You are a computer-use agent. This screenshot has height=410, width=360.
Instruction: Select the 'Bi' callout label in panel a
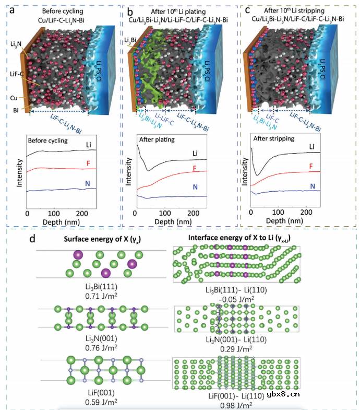pyautogui.click(x=16, y=109)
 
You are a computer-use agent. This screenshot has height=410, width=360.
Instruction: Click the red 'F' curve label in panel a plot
pyautogui.click(x=88, y=162)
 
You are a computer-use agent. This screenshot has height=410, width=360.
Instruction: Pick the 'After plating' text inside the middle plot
pyautogui.click(x=157, y=140)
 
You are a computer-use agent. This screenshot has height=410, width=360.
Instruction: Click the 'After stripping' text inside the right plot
pyautogui.click(x=273, y=140)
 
